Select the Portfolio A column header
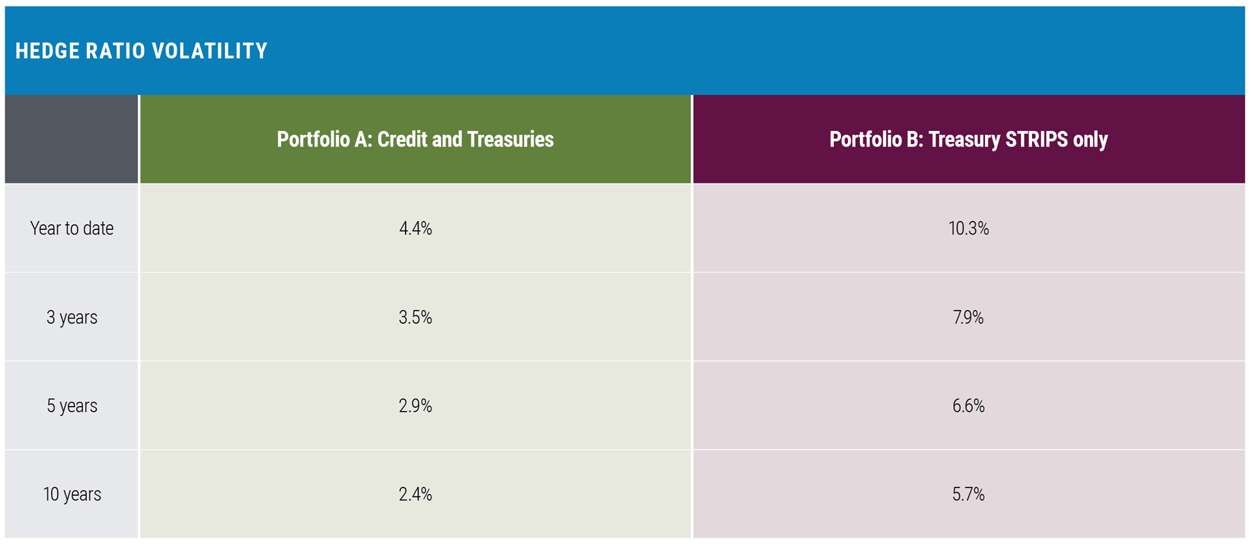tap(415, 139)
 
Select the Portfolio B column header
tap(968, 139)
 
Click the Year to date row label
tap(72, 229)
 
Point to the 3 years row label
tap(72, 317)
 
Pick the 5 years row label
tap(72, 406)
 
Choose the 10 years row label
tap(72, 494)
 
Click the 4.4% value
tap(415, 229)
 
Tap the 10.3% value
tap(968, 229)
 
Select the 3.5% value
tap(415, 317)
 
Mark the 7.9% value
tap(968, 317)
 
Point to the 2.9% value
tap(415, 406)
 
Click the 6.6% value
tap(968, 406)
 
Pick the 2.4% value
tap(415, 494)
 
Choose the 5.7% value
tap(968, 494)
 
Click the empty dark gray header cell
tap(72, 139)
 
